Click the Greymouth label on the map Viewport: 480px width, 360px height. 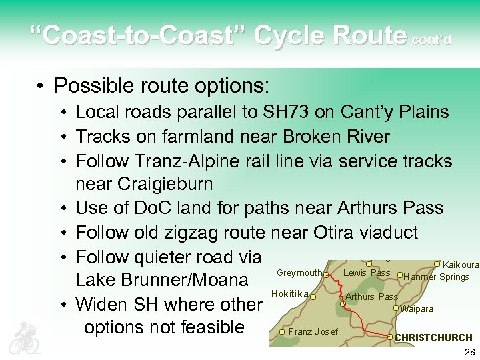click(299, 272)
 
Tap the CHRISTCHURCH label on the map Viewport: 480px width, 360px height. click(433, 337)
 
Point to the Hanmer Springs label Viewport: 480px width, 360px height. click(437, 276)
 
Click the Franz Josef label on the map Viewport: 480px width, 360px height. click(313, 331)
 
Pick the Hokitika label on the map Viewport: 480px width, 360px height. click(291, 293)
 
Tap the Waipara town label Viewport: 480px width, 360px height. click(418, 308)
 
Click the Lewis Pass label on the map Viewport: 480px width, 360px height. click(367, 272)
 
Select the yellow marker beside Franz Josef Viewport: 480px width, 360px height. click(283, 331)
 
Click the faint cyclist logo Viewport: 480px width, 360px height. click(24, 337)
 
